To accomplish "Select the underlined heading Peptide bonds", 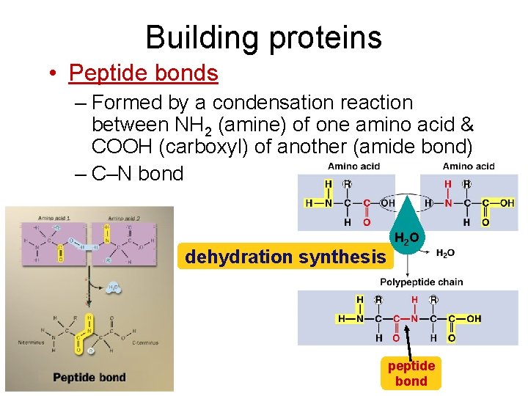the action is (144, 73).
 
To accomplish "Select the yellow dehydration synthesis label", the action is (285, 257).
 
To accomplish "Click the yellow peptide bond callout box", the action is (411, 373).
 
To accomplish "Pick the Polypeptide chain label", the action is (421, 282).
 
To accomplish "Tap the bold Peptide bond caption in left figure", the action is (89, 378).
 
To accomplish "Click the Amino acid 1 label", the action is (54, 218).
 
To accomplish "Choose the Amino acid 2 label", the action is (125, 218).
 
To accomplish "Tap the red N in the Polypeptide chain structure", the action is (414, 319).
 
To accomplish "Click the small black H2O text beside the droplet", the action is (445, 253).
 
